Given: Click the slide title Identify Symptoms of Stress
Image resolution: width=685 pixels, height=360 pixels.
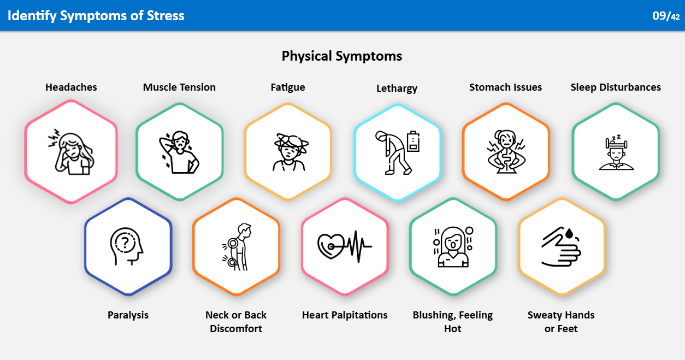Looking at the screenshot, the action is (x=96, y=16).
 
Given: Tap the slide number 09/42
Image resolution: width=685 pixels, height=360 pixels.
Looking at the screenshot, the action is (x=666, y=16).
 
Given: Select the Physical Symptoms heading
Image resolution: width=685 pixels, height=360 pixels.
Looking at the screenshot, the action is (x=342, y=56).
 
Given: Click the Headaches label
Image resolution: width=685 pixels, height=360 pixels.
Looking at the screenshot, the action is (x=71, y=87).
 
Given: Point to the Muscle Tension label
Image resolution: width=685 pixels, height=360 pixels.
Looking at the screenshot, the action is (x=179, y=87).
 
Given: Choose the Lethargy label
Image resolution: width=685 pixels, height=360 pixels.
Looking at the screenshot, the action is (x=397, y=88).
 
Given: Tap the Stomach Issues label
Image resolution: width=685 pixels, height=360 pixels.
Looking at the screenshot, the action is (x=505, y=87).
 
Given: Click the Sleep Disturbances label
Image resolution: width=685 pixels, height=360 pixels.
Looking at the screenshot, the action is (x=616, y=87).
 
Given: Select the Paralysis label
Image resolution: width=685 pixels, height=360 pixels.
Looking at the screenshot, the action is (x=128, y=315).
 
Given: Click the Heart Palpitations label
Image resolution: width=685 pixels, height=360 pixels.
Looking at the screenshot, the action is (x=345, y=315).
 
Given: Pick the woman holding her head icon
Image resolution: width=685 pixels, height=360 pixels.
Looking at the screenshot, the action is (x=71, y=152).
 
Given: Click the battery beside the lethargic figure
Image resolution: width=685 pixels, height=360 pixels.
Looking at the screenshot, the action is (x=413, y=141).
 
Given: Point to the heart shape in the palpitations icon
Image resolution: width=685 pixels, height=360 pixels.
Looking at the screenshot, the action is (x=331, y=246).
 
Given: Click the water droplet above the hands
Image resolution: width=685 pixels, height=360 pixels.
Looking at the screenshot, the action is (x=569, y=233).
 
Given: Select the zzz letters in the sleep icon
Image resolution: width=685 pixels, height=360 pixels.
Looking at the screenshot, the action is (x=616, y=137).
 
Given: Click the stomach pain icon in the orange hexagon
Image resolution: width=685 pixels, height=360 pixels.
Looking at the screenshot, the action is (x=506, y=152).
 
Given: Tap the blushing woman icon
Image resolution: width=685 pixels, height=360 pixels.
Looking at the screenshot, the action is (x=453, y=247).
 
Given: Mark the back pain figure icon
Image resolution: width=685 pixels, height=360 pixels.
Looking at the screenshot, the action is (x=237, y=246).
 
